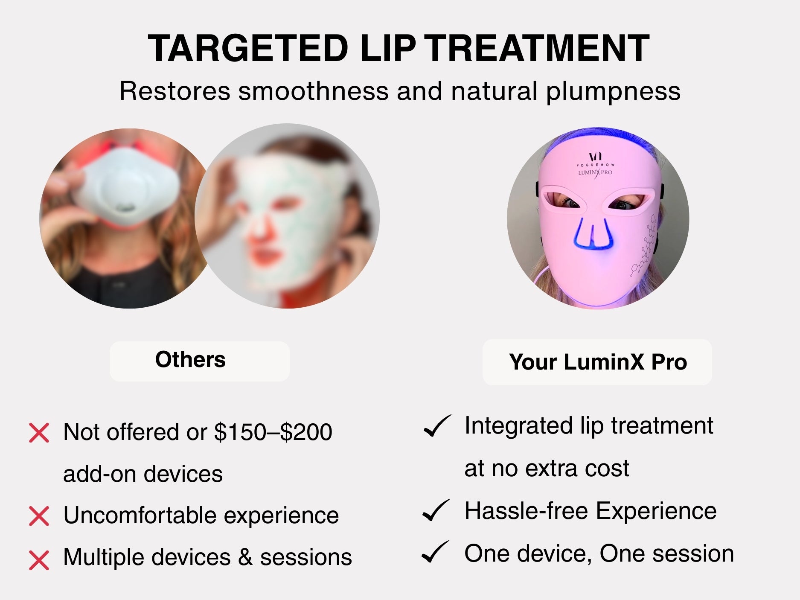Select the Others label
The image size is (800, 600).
[190, 359]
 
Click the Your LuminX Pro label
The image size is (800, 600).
[598, 362]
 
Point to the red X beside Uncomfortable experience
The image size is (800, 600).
[39, 516]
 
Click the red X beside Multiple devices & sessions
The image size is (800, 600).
[39, 560]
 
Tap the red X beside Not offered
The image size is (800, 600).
[39, 433]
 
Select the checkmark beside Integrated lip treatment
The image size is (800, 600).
[436, 426]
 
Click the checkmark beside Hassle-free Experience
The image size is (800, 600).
[435, 510]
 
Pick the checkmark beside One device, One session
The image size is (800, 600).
[435, 552]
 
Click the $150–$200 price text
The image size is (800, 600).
[273, 432]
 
